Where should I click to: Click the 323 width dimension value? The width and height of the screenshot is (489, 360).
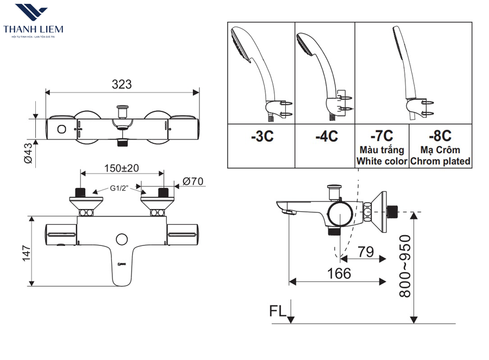click(122, 84)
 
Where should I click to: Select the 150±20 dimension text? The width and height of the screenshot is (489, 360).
click(122, 168)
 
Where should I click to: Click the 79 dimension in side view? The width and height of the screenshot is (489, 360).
click(366, 252)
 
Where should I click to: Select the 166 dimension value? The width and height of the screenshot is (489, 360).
click(340, 273)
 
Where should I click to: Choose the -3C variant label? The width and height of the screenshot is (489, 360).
click(262, 137)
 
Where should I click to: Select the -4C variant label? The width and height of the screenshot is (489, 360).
click(326, 137)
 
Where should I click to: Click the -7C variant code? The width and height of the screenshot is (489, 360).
click(381, 135)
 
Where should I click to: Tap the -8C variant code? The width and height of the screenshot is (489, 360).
click(440, 135)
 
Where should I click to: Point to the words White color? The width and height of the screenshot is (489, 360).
click(381, 161)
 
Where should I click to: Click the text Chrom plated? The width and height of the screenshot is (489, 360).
click(441, 161)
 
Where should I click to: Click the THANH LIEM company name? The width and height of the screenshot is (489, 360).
click(33, 29)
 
